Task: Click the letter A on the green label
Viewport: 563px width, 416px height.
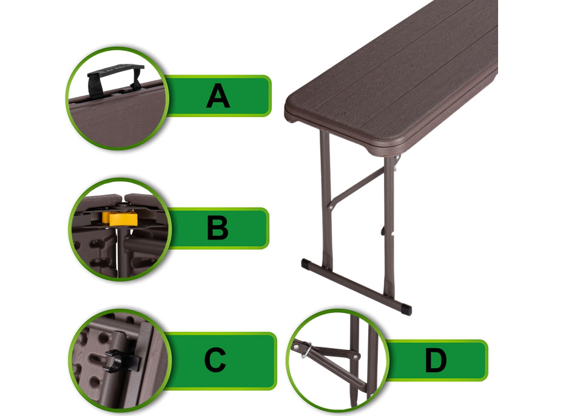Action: pos(218,96)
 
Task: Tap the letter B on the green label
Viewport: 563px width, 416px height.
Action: pos(218,227)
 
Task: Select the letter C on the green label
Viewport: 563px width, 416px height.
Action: pos(215,360)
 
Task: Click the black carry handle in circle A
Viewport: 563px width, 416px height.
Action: pos(114,79)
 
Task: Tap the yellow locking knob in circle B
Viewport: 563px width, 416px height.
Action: pos(120,218)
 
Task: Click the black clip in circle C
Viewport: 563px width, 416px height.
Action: pos(121,360)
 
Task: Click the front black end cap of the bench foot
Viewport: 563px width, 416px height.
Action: pos(406,309)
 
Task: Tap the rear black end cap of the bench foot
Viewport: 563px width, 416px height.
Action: pos(306,264)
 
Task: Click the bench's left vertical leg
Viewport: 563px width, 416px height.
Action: pos(326,200)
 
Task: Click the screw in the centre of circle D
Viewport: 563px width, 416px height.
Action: pos(356,357)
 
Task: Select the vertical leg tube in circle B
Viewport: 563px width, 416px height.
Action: pos(123,251)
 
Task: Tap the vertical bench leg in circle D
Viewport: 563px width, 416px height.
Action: pos(355,359)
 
